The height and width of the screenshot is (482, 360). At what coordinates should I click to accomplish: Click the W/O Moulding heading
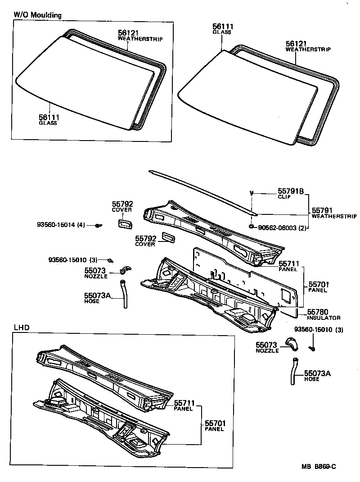click(37, 15)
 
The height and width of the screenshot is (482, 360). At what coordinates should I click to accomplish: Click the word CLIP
click(283, 197)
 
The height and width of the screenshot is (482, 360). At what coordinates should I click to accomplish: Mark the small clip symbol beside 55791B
click(252, 193)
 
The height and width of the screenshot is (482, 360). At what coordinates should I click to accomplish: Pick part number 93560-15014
click(56, 224)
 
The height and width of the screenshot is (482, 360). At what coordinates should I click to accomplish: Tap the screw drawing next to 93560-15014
click(98, 225)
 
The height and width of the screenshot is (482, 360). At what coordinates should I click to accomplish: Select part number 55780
click(317, 312)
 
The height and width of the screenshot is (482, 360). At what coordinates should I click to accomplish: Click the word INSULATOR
click(324, 318)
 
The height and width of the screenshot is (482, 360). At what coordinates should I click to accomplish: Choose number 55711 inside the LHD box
click(184, 403)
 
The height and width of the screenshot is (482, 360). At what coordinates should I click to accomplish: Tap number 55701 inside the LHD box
click(215, 423)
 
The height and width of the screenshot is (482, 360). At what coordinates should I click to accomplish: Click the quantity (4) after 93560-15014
click(81, 224)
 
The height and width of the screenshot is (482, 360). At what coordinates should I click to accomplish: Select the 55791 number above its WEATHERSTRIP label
click(322, 210)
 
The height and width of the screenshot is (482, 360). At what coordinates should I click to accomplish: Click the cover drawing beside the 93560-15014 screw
click(124, 223)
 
